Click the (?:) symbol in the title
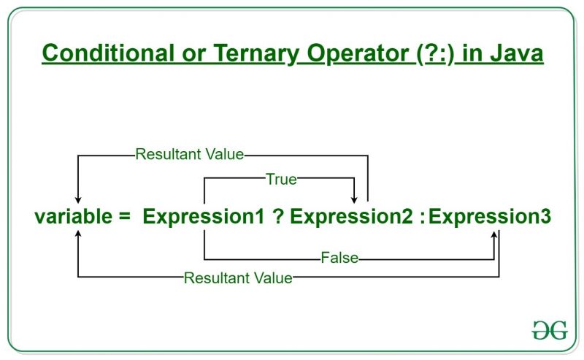point(428,54)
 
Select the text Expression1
point(204,217)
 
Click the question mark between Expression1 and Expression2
point(278,217)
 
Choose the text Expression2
point(352,217)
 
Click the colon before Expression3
point(423,217)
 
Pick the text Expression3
point(490,217)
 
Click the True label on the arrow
point(281,177)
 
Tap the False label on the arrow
point(339,258)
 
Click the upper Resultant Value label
point(189,155)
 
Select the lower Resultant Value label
point(238,277)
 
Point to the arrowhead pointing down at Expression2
point(355,199)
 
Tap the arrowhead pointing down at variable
point(77,199)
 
